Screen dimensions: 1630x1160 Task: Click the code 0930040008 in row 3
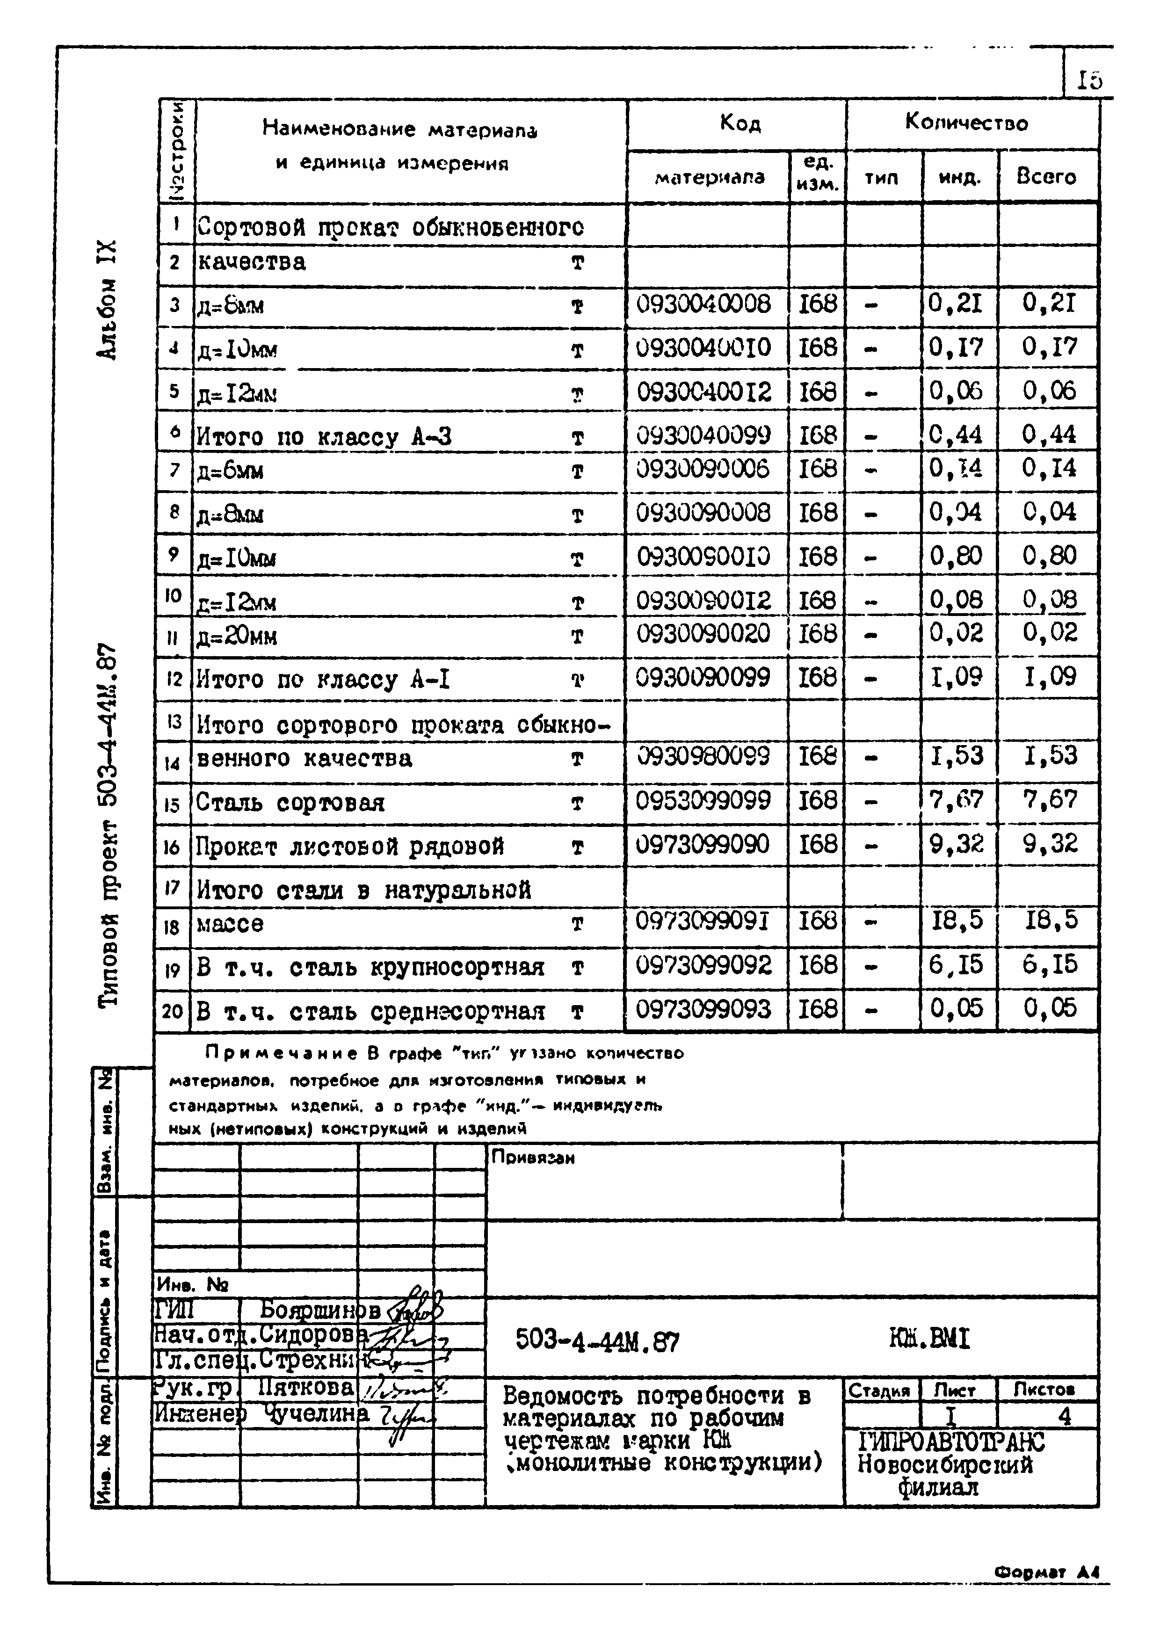[703, 305]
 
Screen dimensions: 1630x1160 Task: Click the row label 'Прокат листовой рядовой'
[350, 847]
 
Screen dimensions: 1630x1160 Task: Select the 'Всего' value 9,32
[1049, 844]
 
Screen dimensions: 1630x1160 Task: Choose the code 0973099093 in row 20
[703, 1009]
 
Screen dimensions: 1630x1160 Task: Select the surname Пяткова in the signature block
[306, 1387]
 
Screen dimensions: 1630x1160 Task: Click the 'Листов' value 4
[1064, 1416]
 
